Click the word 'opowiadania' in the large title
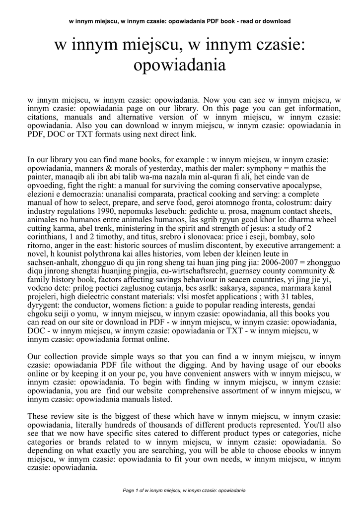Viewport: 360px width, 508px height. point(180,64)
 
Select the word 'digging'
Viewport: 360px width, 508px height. point(225,365)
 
